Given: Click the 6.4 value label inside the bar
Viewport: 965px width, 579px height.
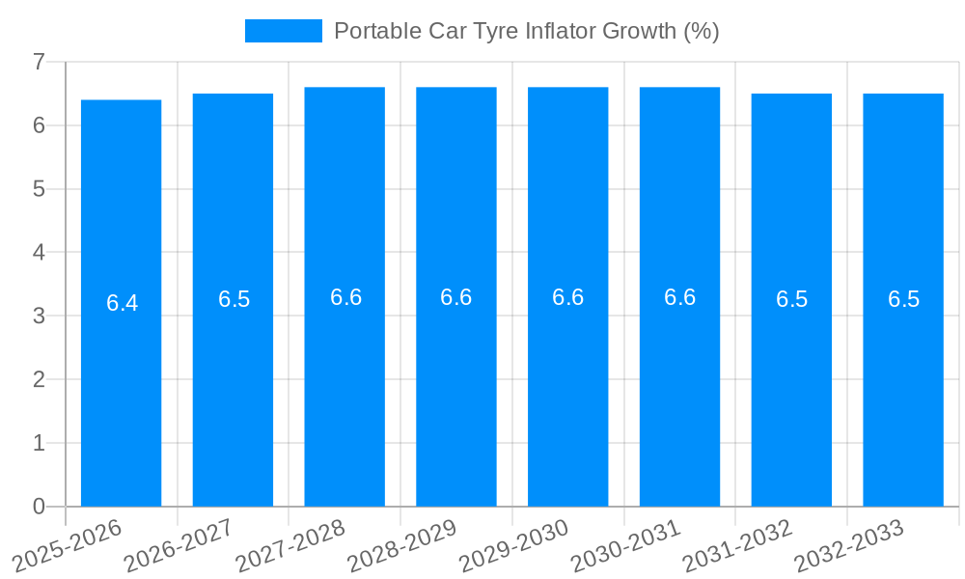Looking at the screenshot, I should [122, 303].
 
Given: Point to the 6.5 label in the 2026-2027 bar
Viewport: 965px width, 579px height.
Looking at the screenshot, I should [234, 299].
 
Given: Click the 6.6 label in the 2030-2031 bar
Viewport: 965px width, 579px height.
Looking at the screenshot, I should [679, 297].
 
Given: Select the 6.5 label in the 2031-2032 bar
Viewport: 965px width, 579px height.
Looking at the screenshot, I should [791, 299].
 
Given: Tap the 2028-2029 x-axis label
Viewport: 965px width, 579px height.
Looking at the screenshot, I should [402, 545].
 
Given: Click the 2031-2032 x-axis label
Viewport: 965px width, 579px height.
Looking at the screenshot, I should [738, 545].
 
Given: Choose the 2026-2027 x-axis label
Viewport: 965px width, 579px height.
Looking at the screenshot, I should [179, 545].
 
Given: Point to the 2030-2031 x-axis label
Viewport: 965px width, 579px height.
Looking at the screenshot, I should [626, 545].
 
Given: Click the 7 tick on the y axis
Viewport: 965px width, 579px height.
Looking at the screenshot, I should [39, 62].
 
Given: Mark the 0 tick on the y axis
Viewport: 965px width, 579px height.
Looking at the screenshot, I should [39, 507].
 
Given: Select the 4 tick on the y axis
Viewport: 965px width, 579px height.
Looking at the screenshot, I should [39, 253].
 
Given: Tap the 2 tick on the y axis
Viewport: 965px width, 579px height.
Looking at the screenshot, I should [39, 379].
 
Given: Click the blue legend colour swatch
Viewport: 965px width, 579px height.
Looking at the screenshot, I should [283, 31].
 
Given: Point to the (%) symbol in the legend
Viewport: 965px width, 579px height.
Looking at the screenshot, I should [701, 31].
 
